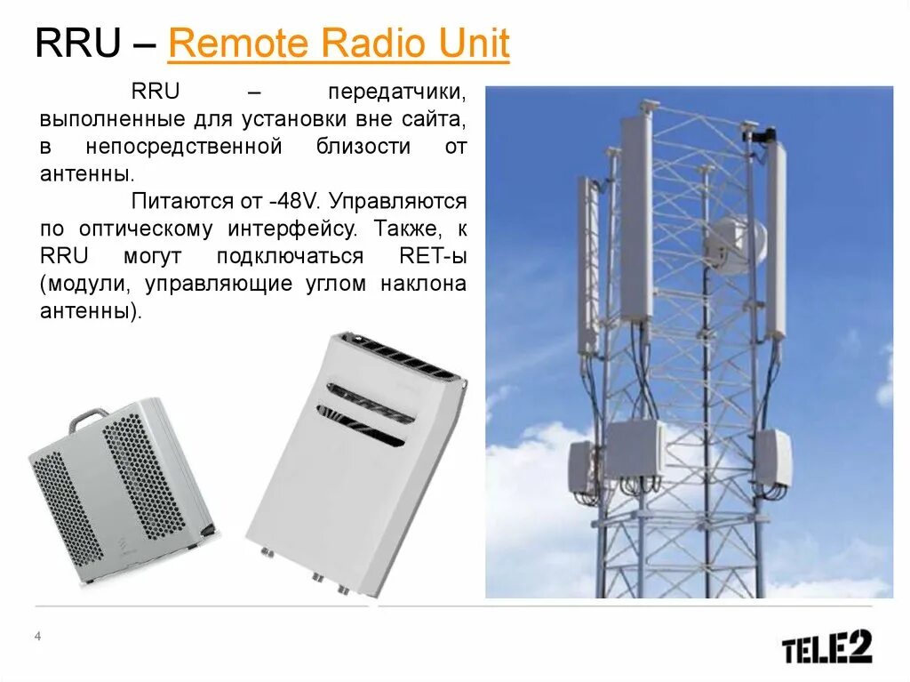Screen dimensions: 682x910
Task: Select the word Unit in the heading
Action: coord(475,44)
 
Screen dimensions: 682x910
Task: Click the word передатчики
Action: coord(396,92)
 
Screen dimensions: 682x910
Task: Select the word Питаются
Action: coord(173,201)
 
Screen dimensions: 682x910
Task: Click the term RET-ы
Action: coord(433,257)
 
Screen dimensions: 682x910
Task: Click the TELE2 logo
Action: coord(826,646)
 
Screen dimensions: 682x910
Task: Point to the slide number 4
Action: coord(37,636)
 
